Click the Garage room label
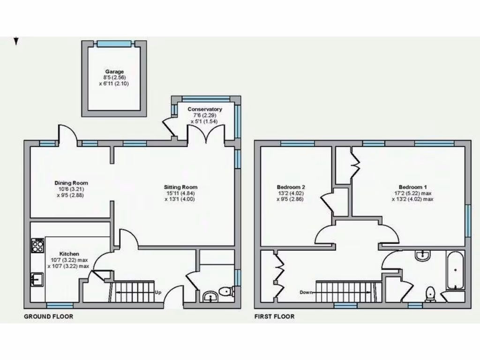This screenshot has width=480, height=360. (x=114, y=72)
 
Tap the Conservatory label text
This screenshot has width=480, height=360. (x=205, y=109)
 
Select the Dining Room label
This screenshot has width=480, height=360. (x=71, y=183)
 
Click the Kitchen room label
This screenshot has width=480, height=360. (x=69, y=254)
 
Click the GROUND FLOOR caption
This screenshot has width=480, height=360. (x=49, y=316)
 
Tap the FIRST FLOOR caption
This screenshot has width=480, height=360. (x=274, y=316)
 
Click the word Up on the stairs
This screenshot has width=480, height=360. (x=158, y=292)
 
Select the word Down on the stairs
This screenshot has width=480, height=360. (x=307, y=292)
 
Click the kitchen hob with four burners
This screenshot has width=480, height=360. (x=37, y=245)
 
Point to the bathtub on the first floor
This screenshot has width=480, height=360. (x=455, y=270)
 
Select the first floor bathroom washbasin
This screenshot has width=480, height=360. (x=423, y=255)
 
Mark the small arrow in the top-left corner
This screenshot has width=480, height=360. (x=16, y=42)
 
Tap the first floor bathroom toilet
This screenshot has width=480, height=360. (x=430, y=294)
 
